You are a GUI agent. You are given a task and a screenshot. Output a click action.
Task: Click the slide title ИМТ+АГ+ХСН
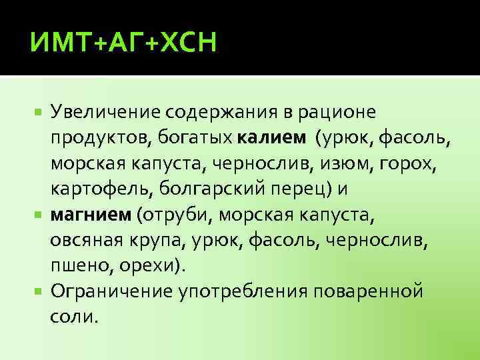124,45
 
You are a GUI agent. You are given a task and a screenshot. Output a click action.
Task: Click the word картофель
102,189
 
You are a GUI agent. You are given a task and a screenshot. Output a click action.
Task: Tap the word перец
294,189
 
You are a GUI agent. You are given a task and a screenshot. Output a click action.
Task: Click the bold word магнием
91,215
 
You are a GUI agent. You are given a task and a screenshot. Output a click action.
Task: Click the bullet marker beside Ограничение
41,291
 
